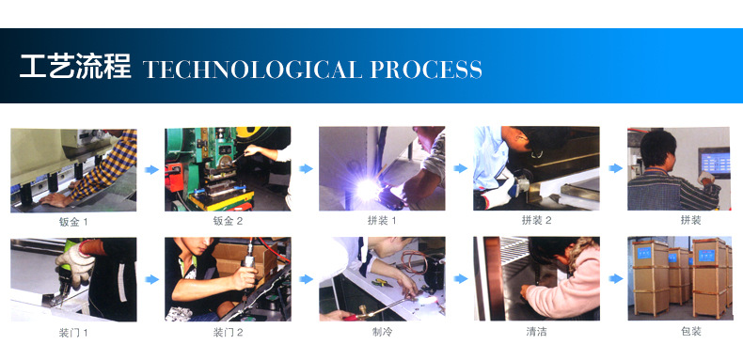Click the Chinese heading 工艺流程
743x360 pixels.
(75, 67)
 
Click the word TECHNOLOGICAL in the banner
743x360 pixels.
(253, 70)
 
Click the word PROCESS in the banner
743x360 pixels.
(426, 70)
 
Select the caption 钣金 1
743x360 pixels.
(73, 221)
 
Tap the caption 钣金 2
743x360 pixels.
(228, 221)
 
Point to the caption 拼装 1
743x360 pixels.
(382, 221)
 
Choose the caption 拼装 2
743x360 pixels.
(536, 220)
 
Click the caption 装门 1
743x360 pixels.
(73, 333)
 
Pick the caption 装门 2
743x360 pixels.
(228, 333)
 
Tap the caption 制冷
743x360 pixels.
(382, 332)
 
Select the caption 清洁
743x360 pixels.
(536, 332)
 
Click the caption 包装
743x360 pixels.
(690, 331)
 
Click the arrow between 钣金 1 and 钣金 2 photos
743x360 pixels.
(151, 169)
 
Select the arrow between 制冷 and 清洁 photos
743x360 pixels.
(460, 278)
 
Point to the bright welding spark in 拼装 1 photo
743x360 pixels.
(368, 190)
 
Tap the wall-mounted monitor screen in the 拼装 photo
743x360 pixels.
(714, 163)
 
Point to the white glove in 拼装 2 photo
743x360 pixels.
(498, 192)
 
